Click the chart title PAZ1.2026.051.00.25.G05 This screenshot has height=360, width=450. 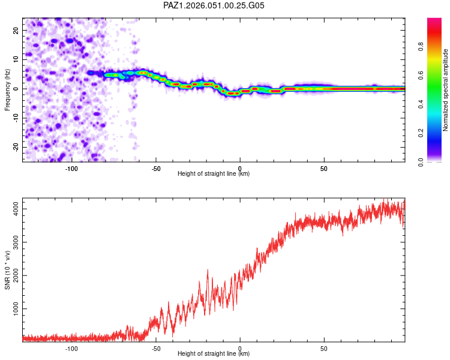coord(214,5)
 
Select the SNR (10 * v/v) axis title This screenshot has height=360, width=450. coord(7,270)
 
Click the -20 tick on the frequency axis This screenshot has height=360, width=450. coord(15,147)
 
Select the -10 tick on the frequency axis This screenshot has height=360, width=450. coord(15,118)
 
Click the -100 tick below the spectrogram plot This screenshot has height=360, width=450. coord(72,168)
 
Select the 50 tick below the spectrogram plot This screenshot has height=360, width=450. coord(324,168)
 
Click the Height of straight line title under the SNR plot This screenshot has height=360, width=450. coord(214,354)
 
